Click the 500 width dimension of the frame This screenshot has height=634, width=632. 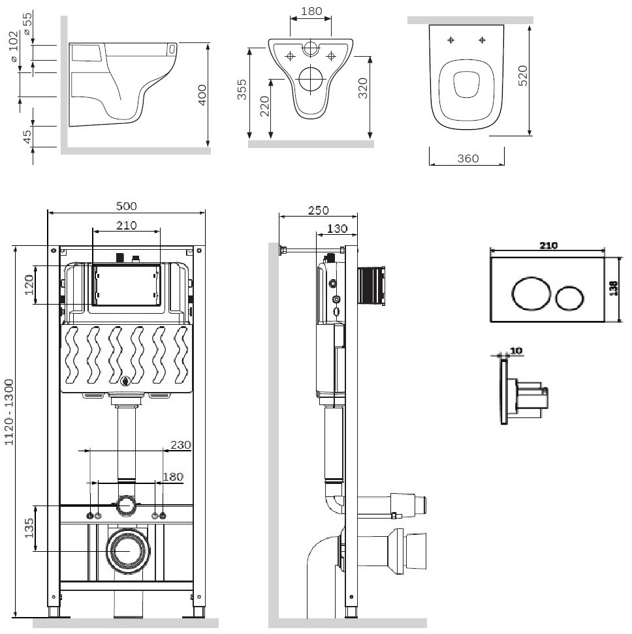(x=126, y=206)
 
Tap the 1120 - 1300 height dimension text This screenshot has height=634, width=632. (x=9, y=412)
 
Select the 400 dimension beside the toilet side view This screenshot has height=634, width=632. (x=202, y=95)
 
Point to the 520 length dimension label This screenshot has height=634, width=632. (x=523, y=75)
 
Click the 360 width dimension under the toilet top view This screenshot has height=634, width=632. (x=468, y=158)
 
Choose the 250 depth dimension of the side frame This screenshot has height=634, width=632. (x=319, y=210)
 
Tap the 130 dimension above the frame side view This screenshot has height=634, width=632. (x=337, y=228)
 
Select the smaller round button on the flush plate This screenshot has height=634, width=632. (x=570, y=299)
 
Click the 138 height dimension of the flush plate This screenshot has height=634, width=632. (x=614, y=288)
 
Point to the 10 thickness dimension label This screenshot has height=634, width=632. (x=516, y=350)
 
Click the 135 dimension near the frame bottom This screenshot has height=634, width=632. (x=29, y=528)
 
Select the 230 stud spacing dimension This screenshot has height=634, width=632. (x=180, y=445)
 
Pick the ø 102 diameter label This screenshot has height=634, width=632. (x=14, y=46)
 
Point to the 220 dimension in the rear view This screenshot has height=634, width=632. (x=264, y=106)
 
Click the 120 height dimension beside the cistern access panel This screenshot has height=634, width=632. (x=29, y=284)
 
